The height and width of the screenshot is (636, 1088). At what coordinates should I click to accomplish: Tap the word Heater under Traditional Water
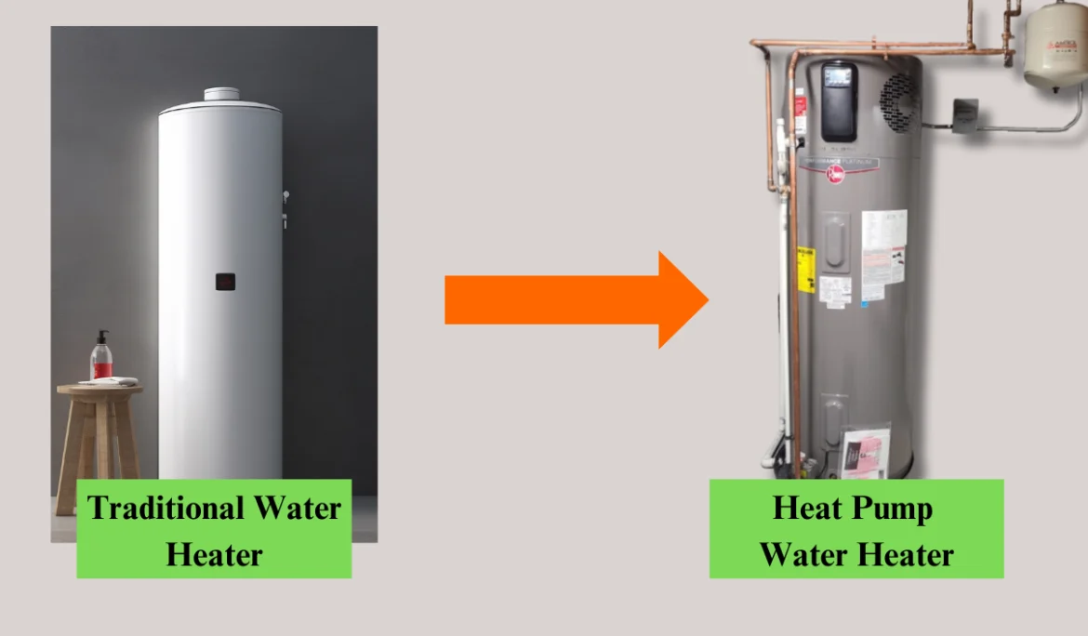[x=214, y=554]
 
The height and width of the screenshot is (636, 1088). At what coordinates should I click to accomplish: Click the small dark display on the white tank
[x=225, y=282]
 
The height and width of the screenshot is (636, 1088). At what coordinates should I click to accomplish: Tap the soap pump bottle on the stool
[x=101, y=358]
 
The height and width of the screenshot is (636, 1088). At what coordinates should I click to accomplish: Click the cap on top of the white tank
[x=222, y=94]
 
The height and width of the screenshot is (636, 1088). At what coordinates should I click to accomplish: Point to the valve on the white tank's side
[x=285, y=198]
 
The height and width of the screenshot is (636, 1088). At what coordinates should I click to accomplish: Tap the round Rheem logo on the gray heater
[x=835, y=173]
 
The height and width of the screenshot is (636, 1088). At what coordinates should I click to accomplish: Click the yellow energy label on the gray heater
[x=805, y=270]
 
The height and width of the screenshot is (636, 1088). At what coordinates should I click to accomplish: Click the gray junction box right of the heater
[x=964, y=115]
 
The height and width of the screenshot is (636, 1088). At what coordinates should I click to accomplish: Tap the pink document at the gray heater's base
[x=865, y=453]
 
